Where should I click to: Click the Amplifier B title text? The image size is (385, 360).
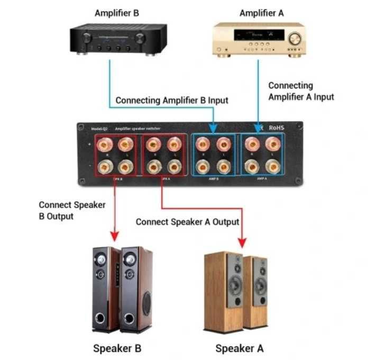point(116,13)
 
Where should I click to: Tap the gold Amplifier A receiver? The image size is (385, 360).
point(259,40)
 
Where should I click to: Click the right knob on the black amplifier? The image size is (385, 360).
point(140,38)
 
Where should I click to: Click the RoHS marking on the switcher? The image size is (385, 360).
point(277,128)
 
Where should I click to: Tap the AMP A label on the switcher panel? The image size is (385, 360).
point(261,179)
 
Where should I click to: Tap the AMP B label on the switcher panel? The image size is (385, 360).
point(214,179)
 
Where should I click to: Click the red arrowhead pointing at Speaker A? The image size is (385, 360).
point(243,243)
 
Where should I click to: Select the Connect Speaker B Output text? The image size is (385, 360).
point(72,210)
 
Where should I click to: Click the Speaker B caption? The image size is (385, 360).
point(117,348)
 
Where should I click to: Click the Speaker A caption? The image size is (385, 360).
point(239,348)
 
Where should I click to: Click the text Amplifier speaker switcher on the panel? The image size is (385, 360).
point(138,129)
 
